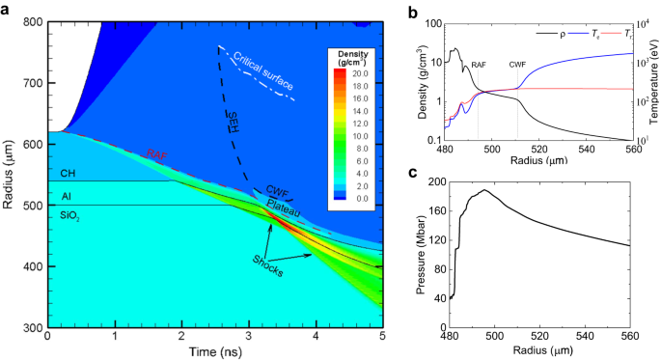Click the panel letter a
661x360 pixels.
click(x=7, y=8)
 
